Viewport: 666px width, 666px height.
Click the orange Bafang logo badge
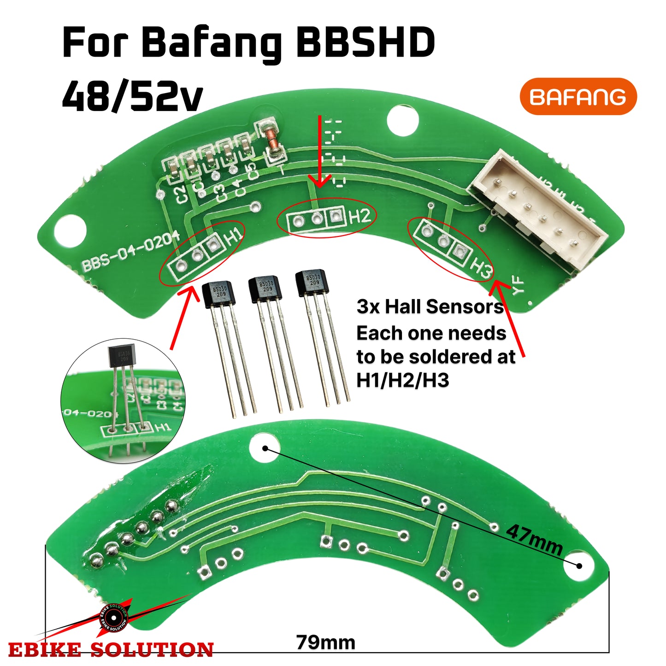(x=578, y=96)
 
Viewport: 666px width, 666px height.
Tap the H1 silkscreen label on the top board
(x=234, y=236)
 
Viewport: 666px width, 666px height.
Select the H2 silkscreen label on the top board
(x=360, y=216)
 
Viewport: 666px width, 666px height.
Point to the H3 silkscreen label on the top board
(x=481, y=267)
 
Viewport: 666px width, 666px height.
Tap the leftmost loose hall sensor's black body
(x=219, y=294)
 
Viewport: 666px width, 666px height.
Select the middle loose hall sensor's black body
(x=265, y=289)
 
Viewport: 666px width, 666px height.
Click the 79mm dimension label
(x=325, y=642)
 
